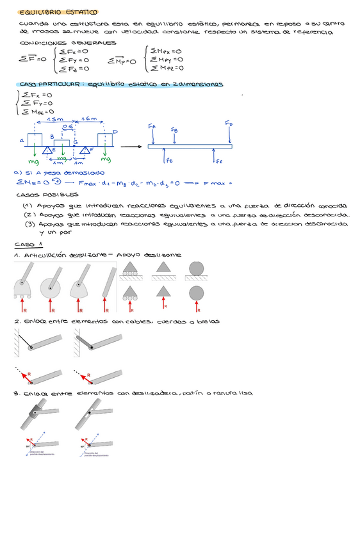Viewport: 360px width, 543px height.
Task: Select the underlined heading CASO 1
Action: pos(28,245)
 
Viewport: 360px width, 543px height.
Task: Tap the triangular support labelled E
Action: pos(48,150)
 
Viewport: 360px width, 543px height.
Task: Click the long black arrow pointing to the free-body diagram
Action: pos(131,147)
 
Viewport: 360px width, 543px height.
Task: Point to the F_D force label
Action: pos(229,122)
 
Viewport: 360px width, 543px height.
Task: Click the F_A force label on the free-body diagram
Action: pos(151,127)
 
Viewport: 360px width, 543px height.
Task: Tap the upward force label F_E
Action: pos(169,161)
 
